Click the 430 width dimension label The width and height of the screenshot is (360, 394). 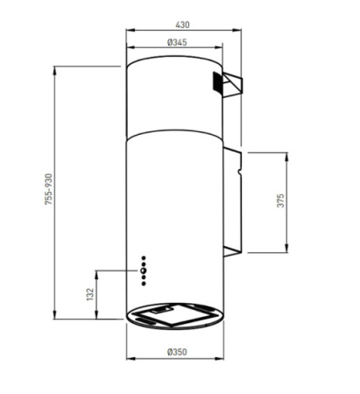[182, 25]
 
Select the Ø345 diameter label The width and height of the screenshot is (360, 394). [177, 43]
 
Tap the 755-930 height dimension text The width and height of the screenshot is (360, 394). [49, 189]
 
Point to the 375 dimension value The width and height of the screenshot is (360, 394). [280, 201]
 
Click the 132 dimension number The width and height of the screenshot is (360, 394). [90, 294]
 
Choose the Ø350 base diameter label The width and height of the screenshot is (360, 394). [177, 352]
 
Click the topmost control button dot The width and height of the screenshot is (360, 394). [144, 258]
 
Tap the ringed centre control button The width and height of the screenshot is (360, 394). [143, 271]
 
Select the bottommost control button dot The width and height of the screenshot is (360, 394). [144, 284]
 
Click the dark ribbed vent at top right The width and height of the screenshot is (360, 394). [217, 81]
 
